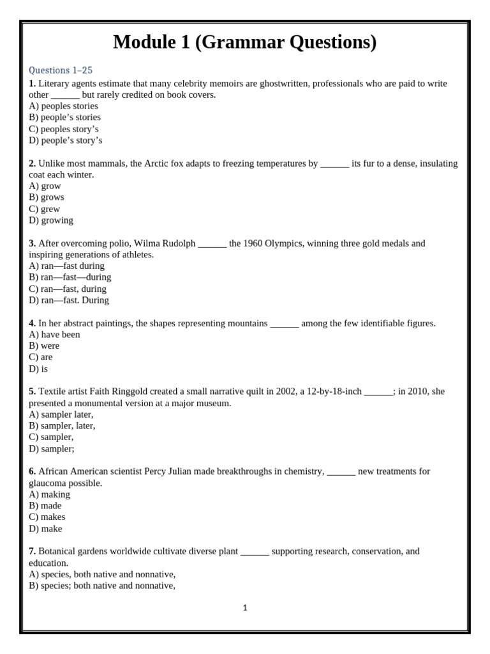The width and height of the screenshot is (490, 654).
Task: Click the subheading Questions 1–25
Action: [61, 70]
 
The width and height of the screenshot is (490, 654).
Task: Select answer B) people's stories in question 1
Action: [64, 118]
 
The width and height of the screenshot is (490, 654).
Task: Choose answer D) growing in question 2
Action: [51, 220]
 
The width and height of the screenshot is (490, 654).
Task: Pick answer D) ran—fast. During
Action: [69, 300]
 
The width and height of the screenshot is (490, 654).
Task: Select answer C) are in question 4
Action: [41, 358]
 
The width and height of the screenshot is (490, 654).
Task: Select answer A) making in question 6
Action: [50, 494]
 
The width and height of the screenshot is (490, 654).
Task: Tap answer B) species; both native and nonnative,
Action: [102, 586]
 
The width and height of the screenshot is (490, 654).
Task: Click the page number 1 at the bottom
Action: [245, 608]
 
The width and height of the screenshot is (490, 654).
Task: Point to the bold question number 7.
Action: [32, 551]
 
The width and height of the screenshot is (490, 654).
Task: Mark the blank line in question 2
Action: [334, 163]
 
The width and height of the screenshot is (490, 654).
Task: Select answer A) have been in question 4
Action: [54, 335]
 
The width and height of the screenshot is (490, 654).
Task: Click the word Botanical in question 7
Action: [59, 551]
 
